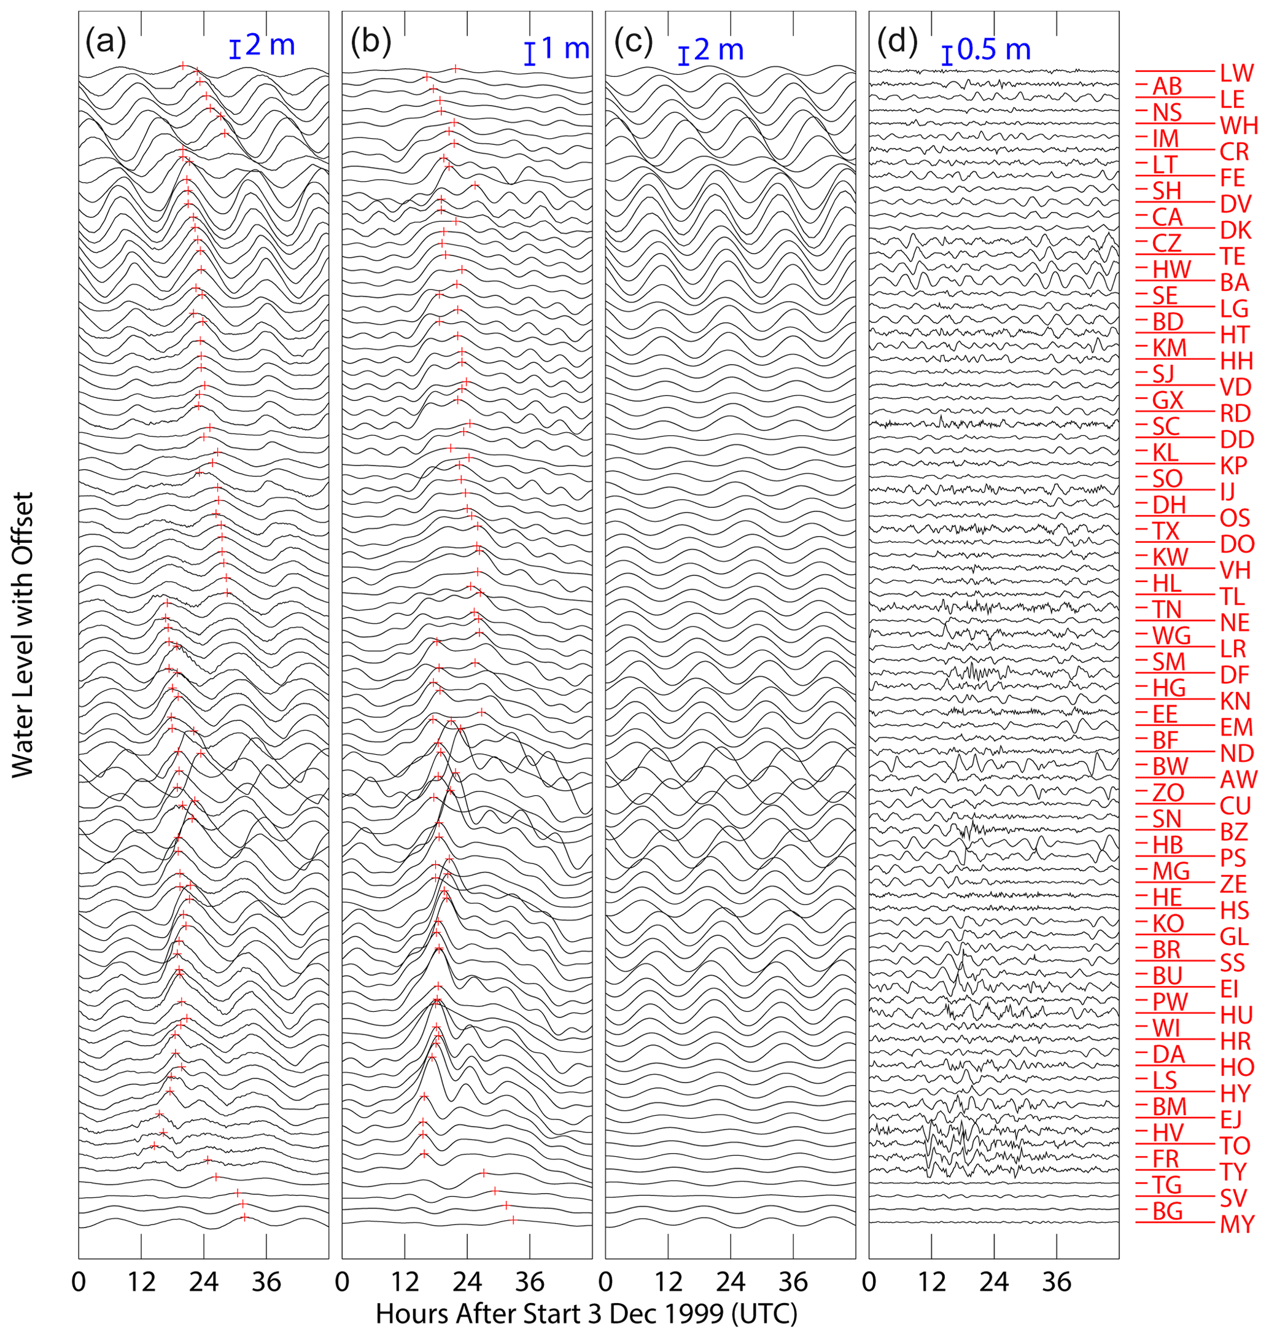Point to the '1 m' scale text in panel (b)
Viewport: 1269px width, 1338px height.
(x=565, y=49)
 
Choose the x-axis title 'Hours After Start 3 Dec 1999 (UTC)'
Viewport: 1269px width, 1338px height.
(x=586, y=1313)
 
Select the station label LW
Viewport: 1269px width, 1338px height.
(x=1237, y=73)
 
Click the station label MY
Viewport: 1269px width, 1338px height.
(x=1237, y=1224)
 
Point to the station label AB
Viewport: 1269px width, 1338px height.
(x=1167, y=86)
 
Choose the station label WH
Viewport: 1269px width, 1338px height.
(x=1238, y=125)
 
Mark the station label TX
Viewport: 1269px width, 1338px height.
(x=1166, y=531)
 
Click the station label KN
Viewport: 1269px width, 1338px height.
(x=1235, y=700)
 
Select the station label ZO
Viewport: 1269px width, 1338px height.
(x=1168, y=792)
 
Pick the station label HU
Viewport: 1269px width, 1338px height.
(x=1236, y=1014)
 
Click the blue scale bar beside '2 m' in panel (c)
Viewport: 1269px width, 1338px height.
(x=683, y=56)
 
